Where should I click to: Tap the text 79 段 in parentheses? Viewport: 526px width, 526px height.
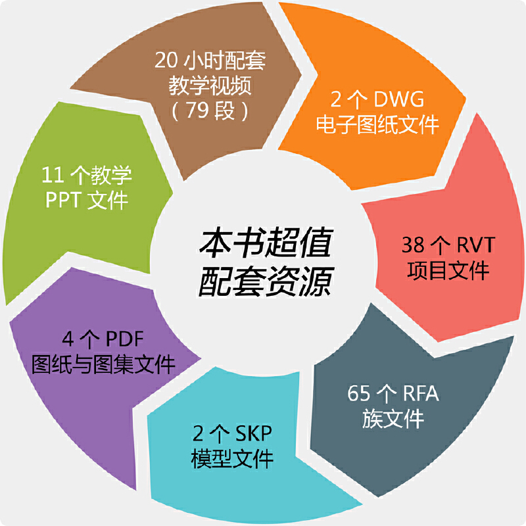click(x=210, y=110)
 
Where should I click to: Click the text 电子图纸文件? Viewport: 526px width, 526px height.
click(x=377, y=125)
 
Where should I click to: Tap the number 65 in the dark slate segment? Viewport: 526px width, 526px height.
click(x=360, y=394)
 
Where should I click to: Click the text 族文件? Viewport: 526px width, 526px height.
click(x=393, y=419)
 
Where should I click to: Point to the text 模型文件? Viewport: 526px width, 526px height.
click(x=231, y=458)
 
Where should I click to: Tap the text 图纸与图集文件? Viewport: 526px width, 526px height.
click(x=103, y=364)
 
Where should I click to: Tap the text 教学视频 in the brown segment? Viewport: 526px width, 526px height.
click(x=210, y=85)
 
